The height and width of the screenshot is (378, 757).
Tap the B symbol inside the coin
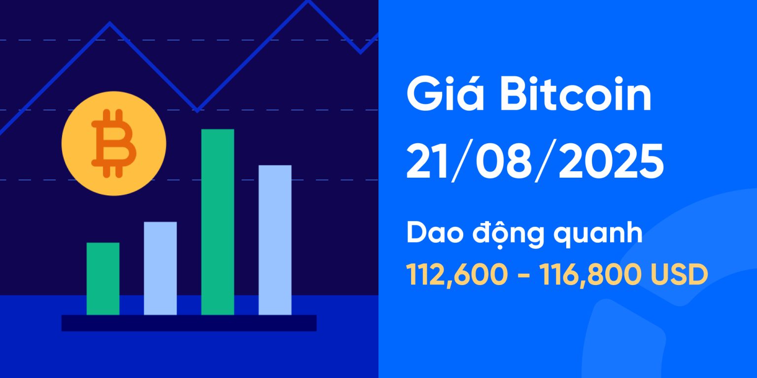click(113, 143)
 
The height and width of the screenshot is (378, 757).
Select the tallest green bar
click(217, 221)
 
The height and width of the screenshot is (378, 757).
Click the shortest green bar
click(103, 279)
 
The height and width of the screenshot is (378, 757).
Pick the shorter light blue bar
click(160, 268)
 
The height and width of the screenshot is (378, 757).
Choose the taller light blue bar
click(275, 240)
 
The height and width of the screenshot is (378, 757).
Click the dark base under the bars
click(189, 323)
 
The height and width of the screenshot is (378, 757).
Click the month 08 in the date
click(502, 162)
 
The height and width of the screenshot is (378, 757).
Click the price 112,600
click(456, 275)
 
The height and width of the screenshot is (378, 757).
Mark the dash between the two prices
click(523, 276)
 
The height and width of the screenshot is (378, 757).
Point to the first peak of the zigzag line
click(109, 23)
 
